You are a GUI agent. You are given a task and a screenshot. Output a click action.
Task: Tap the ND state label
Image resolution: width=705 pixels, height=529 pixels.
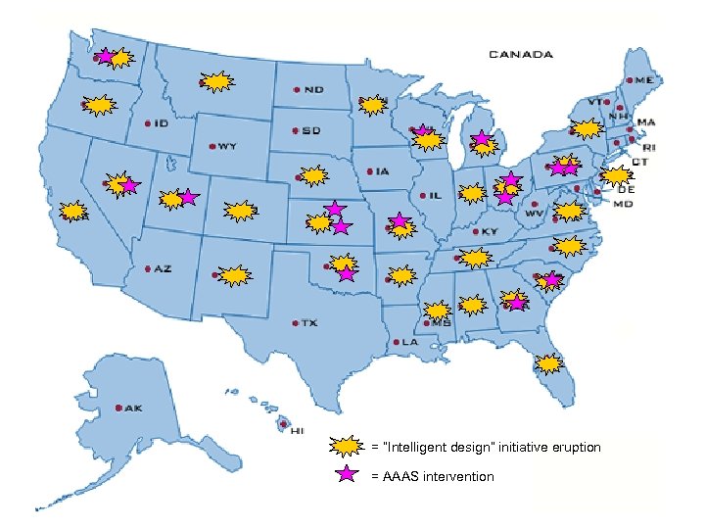(x=313, y=89)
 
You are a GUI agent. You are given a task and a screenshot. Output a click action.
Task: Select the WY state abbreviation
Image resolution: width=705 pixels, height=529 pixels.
(x=226, y=147)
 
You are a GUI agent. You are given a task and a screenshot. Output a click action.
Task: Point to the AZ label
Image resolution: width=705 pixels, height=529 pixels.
(x=162, y=268)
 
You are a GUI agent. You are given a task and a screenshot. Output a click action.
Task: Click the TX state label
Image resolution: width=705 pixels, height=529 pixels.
(x=308, y=322)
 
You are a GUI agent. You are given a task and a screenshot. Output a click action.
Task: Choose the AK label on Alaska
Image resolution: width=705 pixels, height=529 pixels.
(x=130, y=408)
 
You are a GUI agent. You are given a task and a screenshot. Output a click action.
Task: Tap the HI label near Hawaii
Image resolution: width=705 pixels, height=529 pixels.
(x=297, y=429)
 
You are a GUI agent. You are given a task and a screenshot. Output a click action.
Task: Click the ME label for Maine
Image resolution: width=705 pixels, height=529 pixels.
(x=645, y=79)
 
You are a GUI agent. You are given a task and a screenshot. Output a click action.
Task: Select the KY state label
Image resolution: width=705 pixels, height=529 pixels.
(x=490, y=232)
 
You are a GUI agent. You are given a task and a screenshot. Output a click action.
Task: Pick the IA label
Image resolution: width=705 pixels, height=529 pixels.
(x=382, y=171)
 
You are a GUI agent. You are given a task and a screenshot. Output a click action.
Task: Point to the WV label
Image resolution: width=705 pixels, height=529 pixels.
(x=535, y=212)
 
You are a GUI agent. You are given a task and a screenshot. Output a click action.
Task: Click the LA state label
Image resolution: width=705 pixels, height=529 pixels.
(x=406, y=343)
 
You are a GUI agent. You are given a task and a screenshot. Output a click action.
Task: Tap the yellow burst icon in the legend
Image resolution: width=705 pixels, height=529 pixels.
(x=345, y=447)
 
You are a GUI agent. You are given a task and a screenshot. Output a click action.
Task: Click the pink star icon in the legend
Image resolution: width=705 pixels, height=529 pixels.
(x=345, y=475)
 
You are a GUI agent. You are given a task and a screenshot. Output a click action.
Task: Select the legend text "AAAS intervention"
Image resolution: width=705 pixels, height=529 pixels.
(x=433, y=476)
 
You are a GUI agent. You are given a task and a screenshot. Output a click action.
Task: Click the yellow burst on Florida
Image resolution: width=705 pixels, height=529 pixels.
(x=549, y=363)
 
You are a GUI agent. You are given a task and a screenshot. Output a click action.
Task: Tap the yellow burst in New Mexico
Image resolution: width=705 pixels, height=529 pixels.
(x=233, y=275)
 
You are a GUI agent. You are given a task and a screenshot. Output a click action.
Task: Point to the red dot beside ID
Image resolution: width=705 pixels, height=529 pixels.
(x=147, y=123)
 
